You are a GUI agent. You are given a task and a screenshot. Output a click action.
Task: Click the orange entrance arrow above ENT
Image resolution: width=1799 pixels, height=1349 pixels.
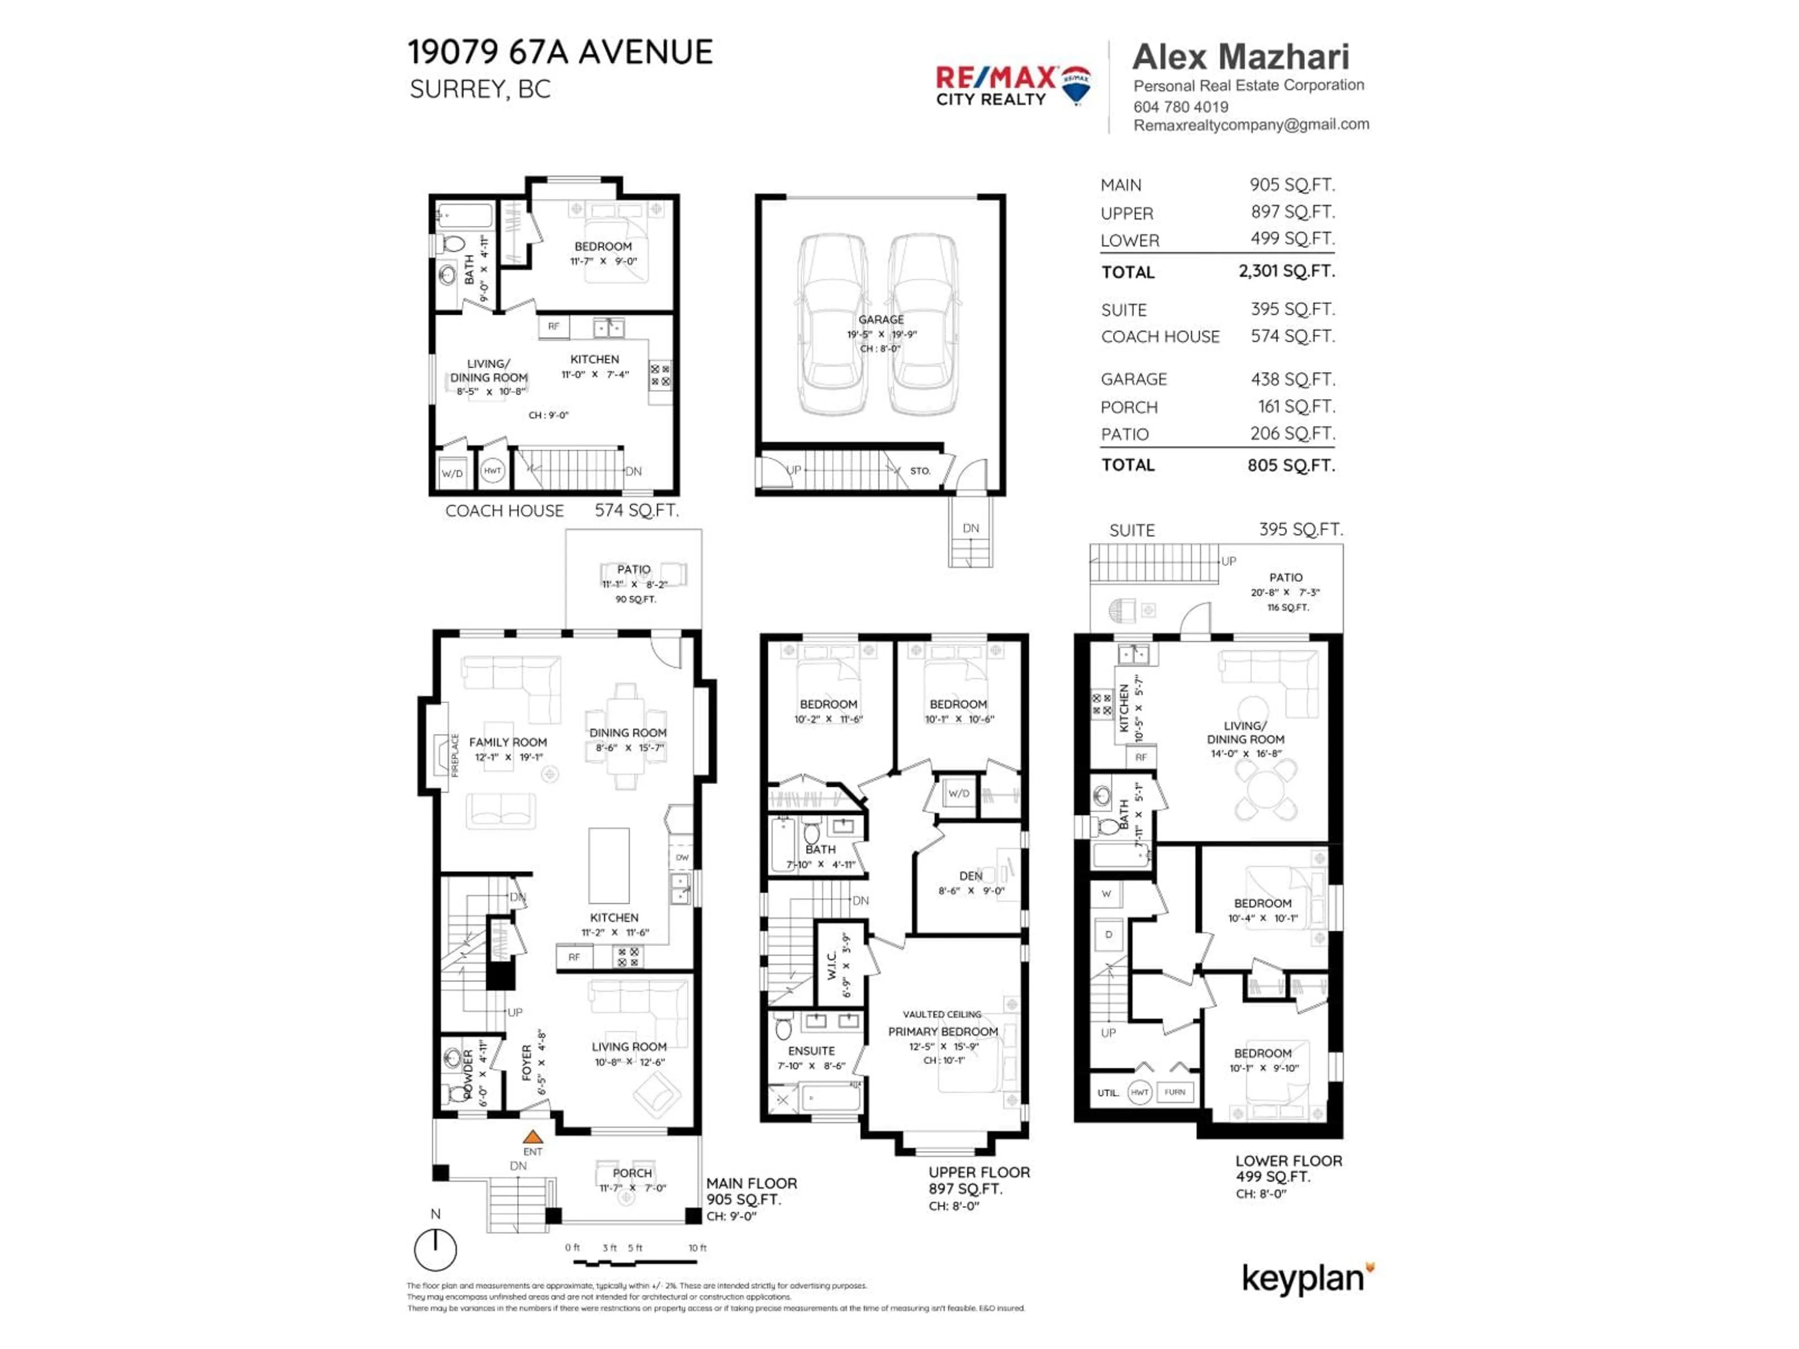tap(533, 1137)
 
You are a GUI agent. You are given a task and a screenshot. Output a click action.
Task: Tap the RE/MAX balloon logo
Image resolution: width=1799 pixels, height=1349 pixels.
tap(1077, 85)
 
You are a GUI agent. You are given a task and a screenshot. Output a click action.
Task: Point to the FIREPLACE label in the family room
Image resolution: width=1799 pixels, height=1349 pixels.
tap(454, 756)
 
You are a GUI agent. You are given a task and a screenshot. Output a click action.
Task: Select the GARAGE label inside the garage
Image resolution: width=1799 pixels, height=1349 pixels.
tap(881, 319)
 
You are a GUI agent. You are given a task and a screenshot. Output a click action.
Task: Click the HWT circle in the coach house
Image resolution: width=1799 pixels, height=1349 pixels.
tap(492, 471)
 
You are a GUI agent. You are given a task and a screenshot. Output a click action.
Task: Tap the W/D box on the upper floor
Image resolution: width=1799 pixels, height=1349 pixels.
tap(959, 793)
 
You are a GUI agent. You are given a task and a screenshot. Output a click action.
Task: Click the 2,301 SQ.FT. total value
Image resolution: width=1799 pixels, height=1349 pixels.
tap(1286, 271)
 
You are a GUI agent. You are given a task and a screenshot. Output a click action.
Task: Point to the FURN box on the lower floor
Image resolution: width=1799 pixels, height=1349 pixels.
tap(1175, 1092)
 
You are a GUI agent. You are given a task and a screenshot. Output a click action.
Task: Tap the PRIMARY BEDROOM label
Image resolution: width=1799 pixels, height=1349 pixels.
tap(943, 1031)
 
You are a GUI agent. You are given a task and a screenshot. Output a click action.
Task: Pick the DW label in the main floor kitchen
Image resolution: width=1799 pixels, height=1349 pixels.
tap(682, 857)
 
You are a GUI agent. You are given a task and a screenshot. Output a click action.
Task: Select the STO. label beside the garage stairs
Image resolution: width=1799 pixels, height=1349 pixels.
tap(920, 471)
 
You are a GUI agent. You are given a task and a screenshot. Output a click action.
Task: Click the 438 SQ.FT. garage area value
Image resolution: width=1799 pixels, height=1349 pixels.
tap(1292, 379)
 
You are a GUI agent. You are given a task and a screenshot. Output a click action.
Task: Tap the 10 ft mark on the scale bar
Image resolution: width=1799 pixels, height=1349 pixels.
tap(697, 1247)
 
